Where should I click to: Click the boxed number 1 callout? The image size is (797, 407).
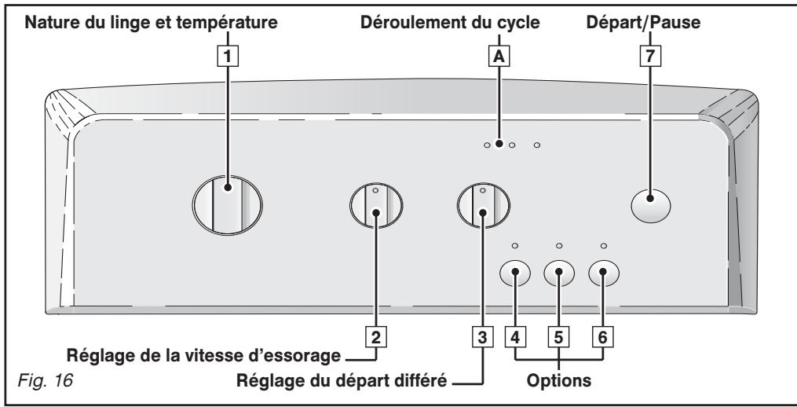point(228,56)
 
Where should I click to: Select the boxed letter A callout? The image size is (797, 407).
point(499,56)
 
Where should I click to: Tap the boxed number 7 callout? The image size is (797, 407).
point(650,56)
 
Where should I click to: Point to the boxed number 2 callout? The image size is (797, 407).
point(376,337)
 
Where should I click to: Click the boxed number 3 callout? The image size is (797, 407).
point(482,337)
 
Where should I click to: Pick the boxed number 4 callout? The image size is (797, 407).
point(515,337)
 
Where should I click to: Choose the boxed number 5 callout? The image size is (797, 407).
point(558,337)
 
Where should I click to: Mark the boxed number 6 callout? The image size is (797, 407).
point(603,337)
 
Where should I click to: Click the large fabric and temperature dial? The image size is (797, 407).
point(227,205)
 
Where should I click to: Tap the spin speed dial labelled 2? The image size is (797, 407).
point(376,206)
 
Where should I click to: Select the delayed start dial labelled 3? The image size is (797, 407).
point(483,206)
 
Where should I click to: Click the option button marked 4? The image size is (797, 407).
point(515,273)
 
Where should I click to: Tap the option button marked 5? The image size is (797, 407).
point(559,273)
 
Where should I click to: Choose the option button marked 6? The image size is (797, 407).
point(604,273)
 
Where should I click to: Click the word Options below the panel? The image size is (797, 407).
point(558,380)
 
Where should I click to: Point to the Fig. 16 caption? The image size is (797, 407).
point(46,380)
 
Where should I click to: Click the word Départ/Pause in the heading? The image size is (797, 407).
point(643,22)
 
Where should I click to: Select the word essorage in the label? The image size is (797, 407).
point(303,355)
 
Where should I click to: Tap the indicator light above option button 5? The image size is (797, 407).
point(559,246)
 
